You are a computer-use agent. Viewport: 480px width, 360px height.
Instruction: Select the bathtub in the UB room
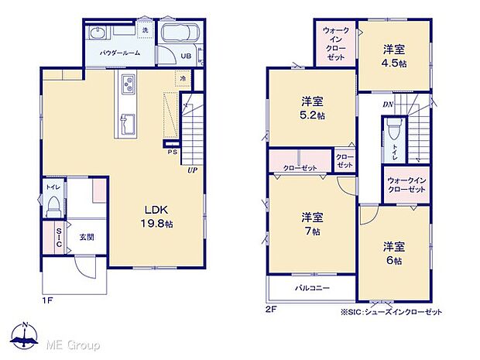(180, 36)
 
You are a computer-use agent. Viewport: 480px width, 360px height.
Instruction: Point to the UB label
(186, 57)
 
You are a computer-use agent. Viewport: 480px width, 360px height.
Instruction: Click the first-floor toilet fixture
(53, 205)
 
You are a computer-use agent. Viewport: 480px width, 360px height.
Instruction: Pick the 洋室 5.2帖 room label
(311, 110)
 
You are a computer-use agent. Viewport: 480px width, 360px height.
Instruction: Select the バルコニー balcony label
(312, 288)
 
